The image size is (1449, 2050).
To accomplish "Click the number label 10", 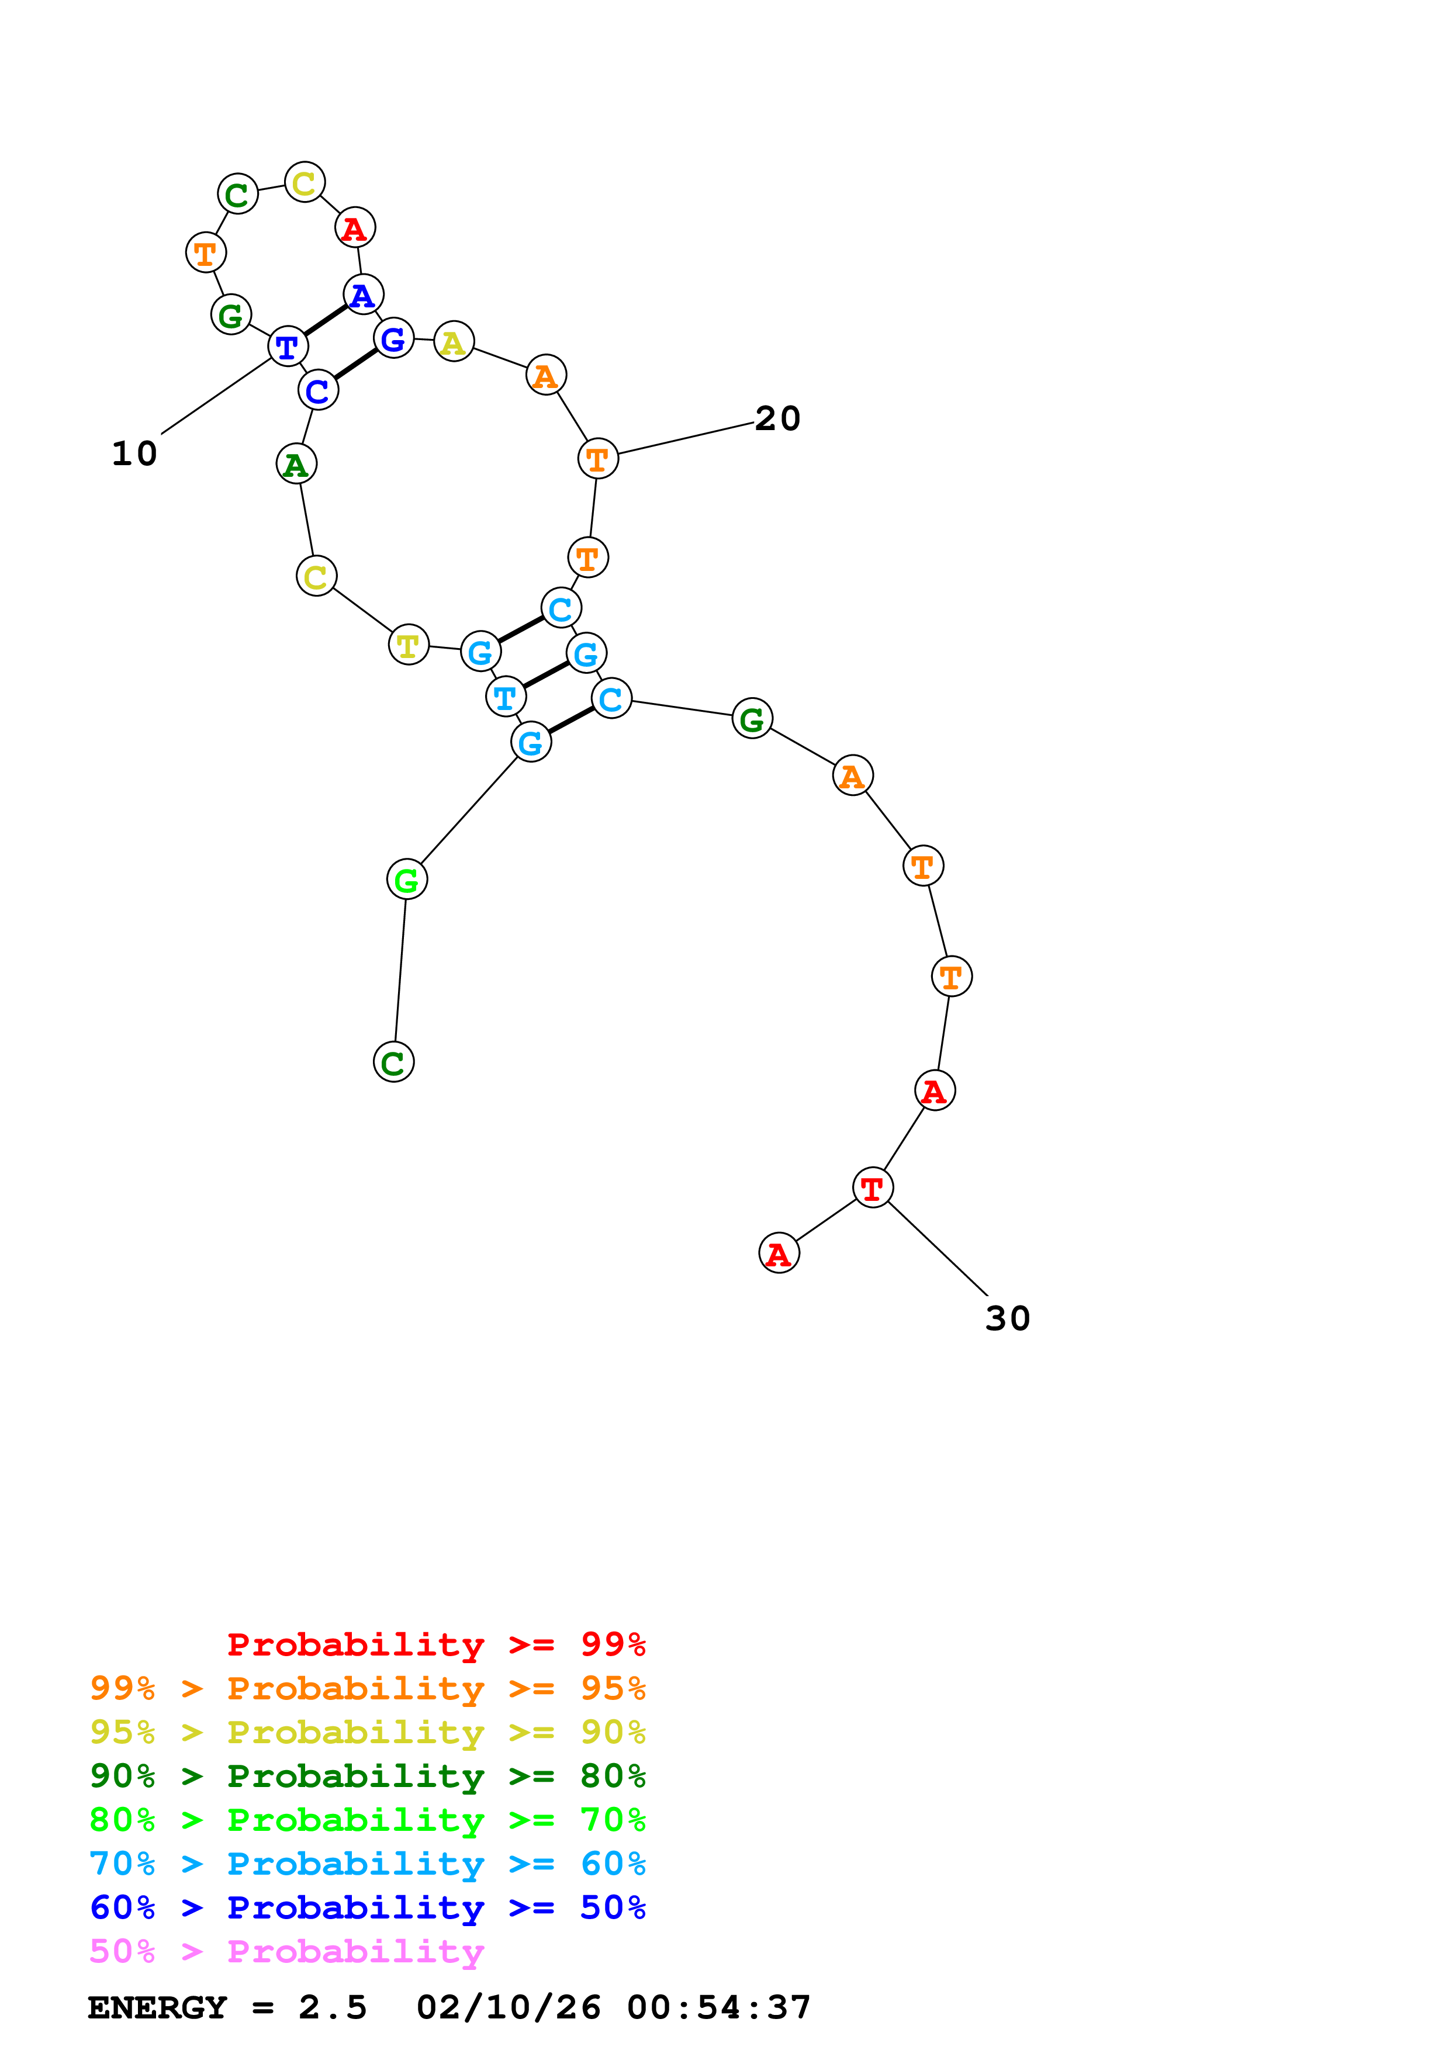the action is coord(134,453).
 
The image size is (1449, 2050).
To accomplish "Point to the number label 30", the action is coord(1007,1319).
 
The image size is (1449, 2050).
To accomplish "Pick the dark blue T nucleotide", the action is coord(288,347).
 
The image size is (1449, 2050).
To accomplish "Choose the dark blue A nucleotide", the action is coord(362,295).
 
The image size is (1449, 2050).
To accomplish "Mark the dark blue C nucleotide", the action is coord(318,390).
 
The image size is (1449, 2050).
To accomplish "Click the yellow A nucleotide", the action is coord(454,341).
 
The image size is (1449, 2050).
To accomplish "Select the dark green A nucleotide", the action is coord(296,464).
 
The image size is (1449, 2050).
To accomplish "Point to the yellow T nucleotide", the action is coord(408,644).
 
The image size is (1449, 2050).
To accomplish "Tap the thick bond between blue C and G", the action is coord(355,364).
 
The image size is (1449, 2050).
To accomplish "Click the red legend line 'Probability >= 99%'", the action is coord(435,1644).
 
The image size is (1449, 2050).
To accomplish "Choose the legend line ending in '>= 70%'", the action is coord(367,1820).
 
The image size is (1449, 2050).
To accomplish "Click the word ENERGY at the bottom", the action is coord(156,2008).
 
